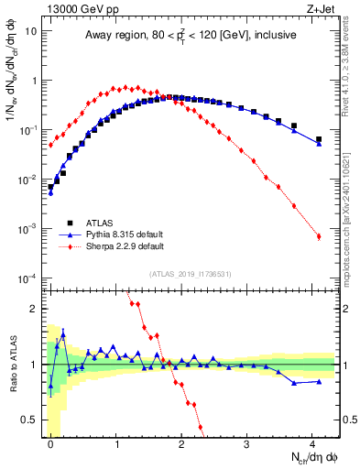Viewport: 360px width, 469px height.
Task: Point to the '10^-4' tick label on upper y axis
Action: point(27,278)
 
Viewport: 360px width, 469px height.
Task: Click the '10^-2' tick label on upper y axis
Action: point(27,179)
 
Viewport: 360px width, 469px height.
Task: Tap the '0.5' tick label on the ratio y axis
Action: point(30,420)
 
